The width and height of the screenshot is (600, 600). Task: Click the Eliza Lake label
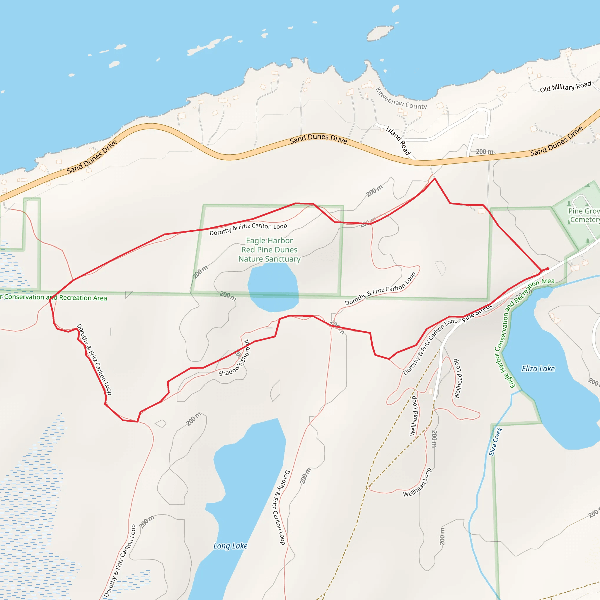(538, 369)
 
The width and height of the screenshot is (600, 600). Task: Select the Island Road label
(398, 141)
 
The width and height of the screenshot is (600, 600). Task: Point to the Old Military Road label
(565, 87)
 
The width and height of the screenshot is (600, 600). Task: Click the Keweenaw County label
(401, 99)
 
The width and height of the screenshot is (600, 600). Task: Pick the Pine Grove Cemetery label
(584, 215)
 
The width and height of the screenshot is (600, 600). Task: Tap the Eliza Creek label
(495, 442)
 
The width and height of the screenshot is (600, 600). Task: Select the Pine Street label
(477, 313)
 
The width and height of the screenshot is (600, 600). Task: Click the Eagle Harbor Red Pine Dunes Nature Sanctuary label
(269, 250)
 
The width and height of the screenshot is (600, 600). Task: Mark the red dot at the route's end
(548, 269)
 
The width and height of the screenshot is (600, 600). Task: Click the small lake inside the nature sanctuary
(273, 287)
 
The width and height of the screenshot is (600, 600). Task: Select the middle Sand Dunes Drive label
(318, 139)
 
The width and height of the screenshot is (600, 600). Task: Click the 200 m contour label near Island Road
(485, 151)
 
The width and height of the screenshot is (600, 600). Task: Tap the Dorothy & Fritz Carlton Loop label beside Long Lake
(280, 507)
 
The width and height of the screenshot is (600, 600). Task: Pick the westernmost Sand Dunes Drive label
(92, 157)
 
